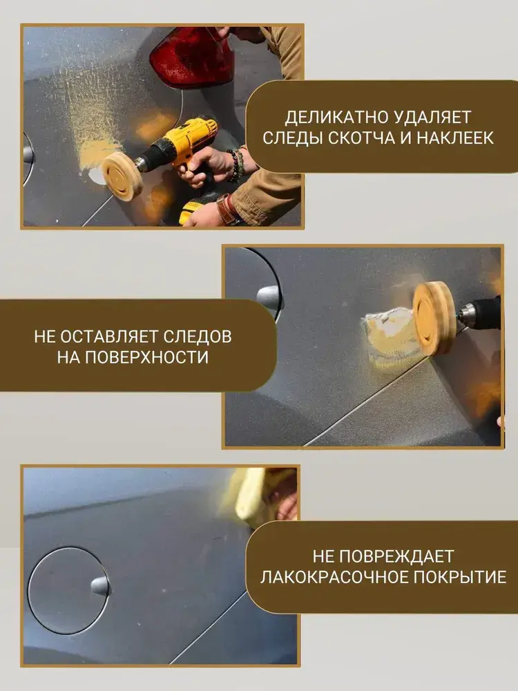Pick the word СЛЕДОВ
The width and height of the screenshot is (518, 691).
(x=198, y=337)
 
